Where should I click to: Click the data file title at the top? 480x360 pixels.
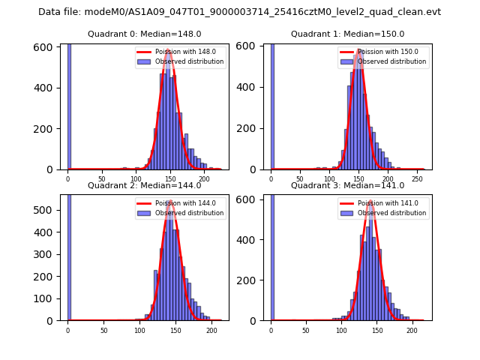[x=239, y=12]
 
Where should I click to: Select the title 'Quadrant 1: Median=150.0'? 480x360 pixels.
[x=347, y=34]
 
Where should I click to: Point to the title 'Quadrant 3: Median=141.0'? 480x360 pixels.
[x=347, y=185]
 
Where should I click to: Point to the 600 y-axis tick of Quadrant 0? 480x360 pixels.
[x=46, y=47]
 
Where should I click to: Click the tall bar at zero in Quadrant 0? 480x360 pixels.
[x=69, y=105]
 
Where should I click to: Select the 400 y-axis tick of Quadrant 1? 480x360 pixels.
[x=250, y=88]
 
